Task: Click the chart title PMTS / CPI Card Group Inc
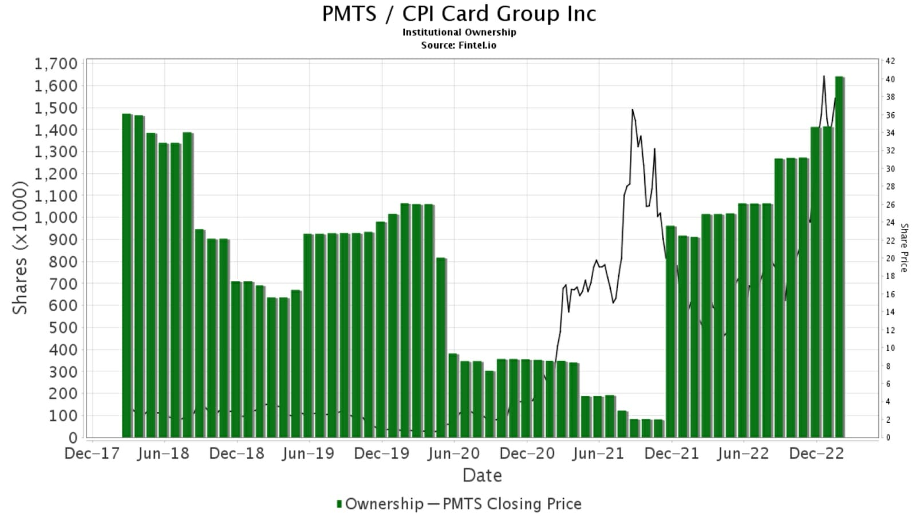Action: pyautogui.click(x=459, y=14)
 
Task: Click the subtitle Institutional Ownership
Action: pyautogui.click(x=459, y=33)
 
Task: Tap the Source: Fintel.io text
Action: pyautogui.click(x=459, y=45)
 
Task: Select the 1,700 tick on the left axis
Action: pyautogui.click(x=56, y=63)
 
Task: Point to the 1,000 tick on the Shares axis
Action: pyautogui.click(x=56, y=217)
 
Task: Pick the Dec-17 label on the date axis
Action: pyautogui.click(x=92, y=454)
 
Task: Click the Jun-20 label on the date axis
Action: pyautogui.click(x=454, y=454)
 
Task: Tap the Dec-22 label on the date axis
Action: pyautogui.click(x=816, y=454)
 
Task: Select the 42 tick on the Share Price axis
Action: pyautogui.click(x=890, y=61)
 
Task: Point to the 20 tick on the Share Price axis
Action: pyautogui.click(x=890, y=259)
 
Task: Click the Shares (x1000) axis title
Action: pyautogui.click(x=20, y=248)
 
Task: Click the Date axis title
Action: pyautogui.click(x=482, y=475)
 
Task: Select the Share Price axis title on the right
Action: pyautogui.click(x=904, y=248)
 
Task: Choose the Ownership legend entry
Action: pyautogui.click(x=379, y=504)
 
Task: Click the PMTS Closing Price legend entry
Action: pyautogui.click(x=505, y=504)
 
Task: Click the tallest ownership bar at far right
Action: pyautogui.click(x=839, y=257)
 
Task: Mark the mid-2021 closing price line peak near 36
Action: pyautogui.click(x=632, y=110)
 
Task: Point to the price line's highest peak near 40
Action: pyautogui.click(x=824, y=76)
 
